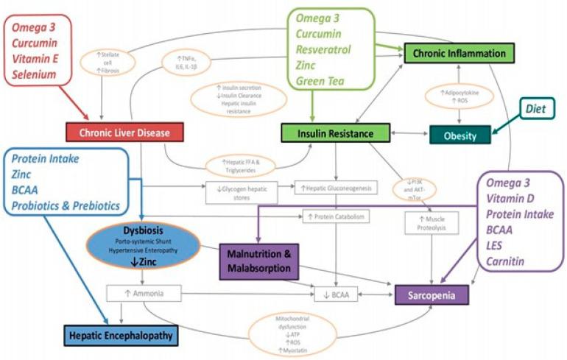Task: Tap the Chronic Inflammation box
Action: click(458, 53)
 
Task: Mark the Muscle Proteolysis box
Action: click(432, 222)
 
